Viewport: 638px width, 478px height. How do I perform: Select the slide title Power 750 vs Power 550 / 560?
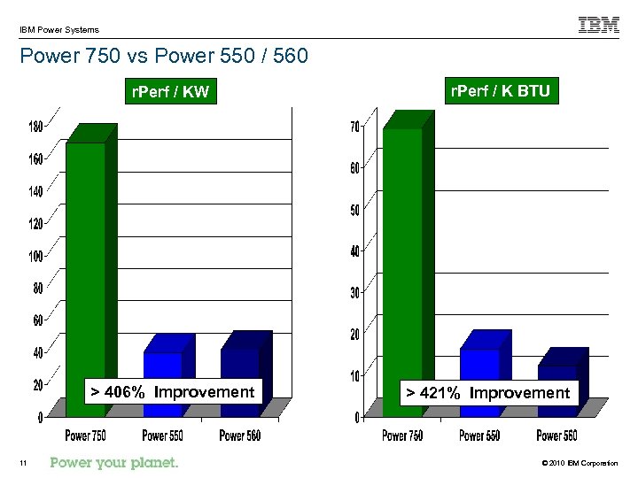pyautogui.click(x=163, y=57)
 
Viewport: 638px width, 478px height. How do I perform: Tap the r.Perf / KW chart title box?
pyautogui.click(x=170, y=91)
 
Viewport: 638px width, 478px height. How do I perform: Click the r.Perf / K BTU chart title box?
pyautogui.click(x=500, y=90)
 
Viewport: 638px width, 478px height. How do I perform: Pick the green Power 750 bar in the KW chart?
pyautogui.click(x=87, y=266)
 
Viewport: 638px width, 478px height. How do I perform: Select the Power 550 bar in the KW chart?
pyautogui.click(x=163, y=367)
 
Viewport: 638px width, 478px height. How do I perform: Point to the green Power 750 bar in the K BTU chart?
pyautogui.click(x=403, y=266)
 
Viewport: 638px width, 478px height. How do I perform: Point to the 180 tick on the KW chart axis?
pyautogui.click(x=35, y=127)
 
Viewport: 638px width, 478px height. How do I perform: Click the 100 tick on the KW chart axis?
pyautogui.click(x=35, y=257)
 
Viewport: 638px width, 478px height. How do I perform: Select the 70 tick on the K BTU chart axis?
pyautogui.click(x=354, y=127)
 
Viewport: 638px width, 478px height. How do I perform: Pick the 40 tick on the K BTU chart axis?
pyautogui.click(x=354, y=251)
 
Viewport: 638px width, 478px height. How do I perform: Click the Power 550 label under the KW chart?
pyautogui.click(x=162, y=436)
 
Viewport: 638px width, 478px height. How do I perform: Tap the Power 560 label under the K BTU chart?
pyautogui.click(x=556, y=436)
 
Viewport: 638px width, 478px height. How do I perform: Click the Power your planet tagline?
pyautogui.click(x=114, y=462)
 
